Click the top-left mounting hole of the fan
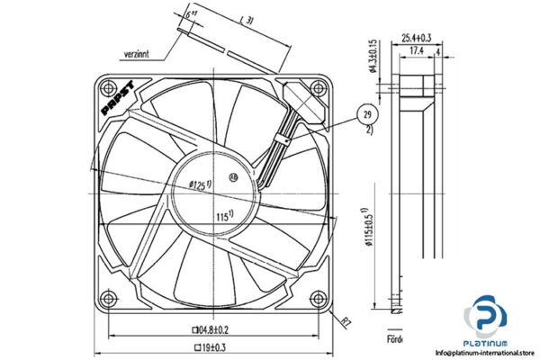(x=109, y=88)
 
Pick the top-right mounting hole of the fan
(x=316, y=88)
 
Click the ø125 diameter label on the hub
(x=200, y=184)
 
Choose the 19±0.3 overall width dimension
(x=213, y=346)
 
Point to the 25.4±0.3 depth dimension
(x=416, y=38)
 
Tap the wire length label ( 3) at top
(x=247, y=19)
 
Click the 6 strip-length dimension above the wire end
(x=189, y=15)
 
